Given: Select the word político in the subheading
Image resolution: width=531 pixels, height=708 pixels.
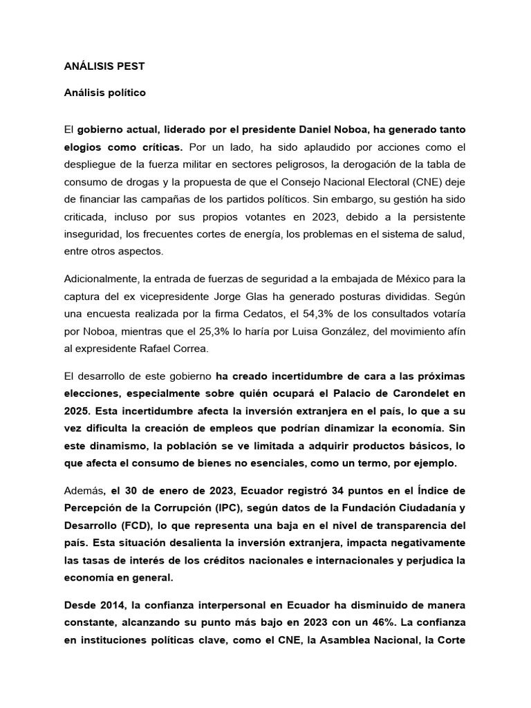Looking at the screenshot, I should click(125, 91).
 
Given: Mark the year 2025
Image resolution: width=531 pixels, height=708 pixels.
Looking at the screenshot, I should click(77, 411).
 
